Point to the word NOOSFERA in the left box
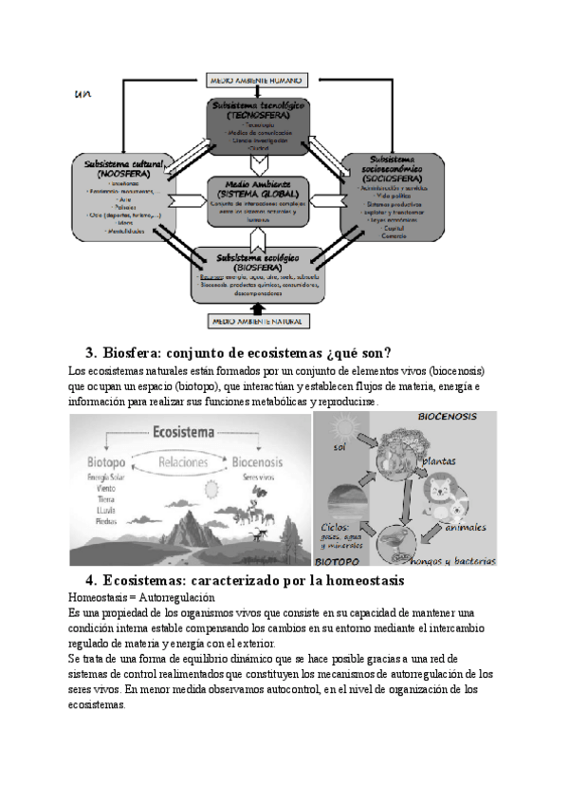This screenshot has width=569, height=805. click(121, 174)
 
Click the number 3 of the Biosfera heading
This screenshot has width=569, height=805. click(90, 354)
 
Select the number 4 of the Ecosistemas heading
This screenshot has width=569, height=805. click(90, 580)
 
